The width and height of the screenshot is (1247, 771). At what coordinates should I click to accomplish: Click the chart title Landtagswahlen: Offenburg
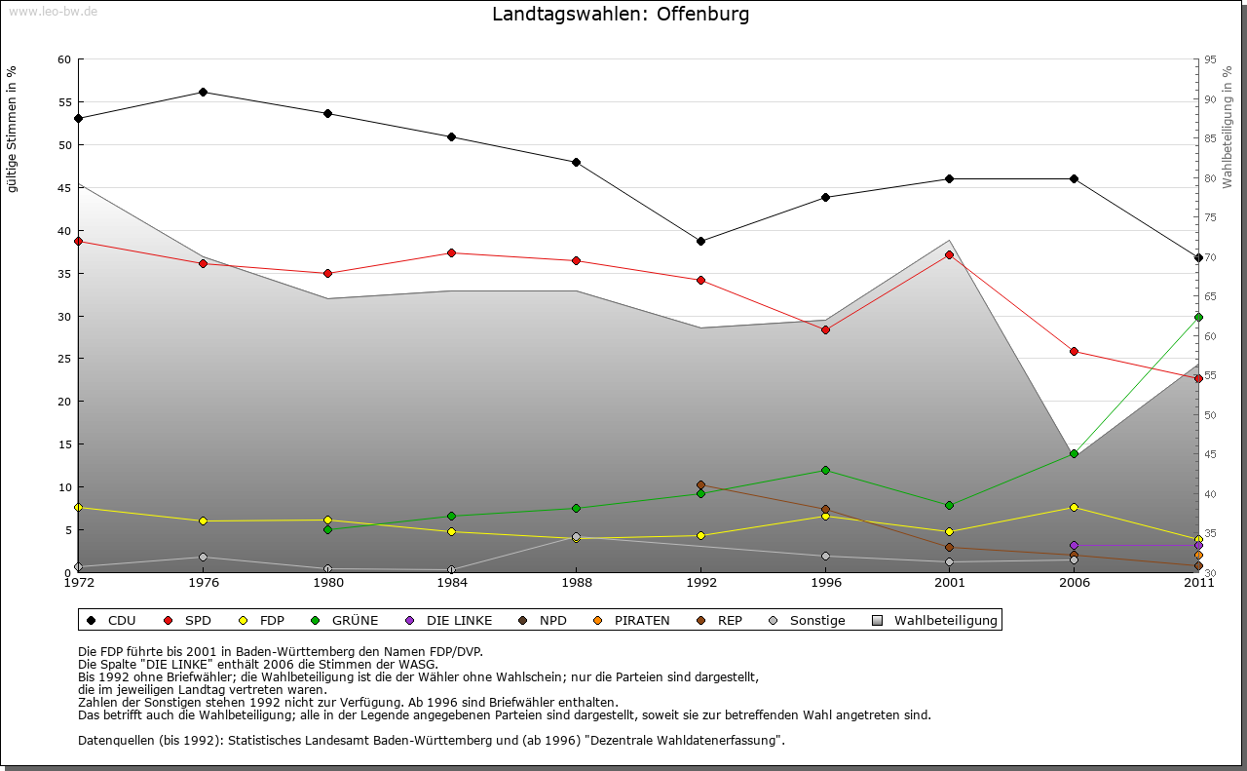point(621,15)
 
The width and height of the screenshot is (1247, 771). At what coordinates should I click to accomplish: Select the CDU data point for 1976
point(203,92)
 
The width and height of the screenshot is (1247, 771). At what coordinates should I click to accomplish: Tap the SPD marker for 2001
point(949,254)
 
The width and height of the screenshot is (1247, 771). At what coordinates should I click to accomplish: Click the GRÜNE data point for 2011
point(1198,317)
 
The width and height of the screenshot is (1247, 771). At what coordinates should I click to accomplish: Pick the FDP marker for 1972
point(78,507)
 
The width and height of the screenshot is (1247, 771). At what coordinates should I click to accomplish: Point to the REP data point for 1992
point(700,484)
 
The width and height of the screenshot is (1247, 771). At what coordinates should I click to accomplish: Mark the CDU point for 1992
point(700,241)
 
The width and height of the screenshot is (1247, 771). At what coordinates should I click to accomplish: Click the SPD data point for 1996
point(825,329)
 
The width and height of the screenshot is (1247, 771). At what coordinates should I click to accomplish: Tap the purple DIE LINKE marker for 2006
point(1074,545)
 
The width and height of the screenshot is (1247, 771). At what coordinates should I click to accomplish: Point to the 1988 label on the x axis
point(576,583)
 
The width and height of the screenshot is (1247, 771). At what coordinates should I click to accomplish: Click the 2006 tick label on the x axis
point(1074,583)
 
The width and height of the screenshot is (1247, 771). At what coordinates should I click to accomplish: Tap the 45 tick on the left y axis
point(64,188)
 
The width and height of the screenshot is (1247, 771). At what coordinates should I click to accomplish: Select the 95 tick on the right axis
point(1209,59)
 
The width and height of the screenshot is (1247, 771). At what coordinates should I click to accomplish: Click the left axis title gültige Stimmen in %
point(13,129)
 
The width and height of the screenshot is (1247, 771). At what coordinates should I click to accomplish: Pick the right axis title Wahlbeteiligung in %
point(1228,128)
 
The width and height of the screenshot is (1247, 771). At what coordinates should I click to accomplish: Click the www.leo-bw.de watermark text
point(53,11)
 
